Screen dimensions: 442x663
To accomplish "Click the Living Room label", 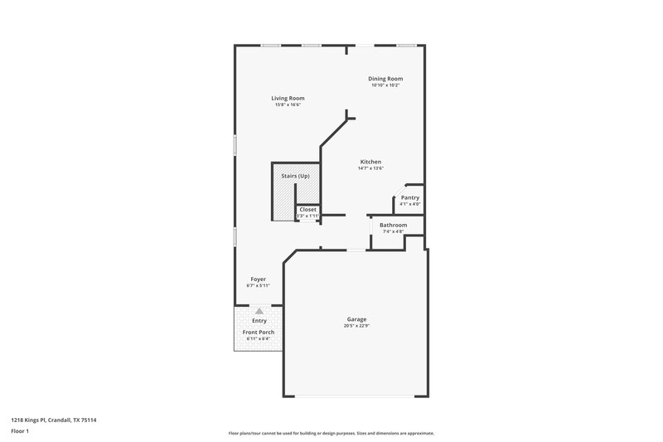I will click(288, 98).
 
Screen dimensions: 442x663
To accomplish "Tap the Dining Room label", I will click(385, 79).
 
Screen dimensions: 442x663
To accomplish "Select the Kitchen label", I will click(370, 161).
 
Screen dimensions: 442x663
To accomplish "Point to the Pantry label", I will click(409, 197).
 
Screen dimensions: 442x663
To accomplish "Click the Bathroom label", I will click(394, 225).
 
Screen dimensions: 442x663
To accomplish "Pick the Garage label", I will click(357, 319).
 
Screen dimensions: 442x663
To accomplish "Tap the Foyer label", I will click(259, 279).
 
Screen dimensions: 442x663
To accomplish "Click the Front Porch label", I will click(259, 333).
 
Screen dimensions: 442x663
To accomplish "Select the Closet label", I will click(307, 210).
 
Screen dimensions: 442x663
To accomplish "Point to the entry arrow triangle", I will click(259, 310).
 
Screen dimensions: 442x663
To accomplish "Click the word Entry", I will click(259, 320).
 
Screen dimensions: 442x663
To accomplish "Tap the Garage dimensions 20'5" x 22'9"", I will click(357, 326).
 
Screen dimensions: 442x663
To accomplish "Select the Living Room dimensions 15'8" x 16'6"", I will click(288, 104).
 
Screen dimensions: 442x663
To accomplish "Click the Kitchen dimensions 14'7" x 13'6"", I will click(370, 168).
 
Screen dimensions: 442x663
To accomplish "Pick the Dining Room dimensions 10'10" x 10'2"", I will click(385, 85).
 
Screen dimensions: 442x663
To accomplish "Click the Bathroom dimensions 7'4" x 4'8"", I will click(393, 231).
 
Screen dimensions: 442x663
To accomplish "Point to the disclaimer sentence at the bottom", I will click(331, 433).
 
